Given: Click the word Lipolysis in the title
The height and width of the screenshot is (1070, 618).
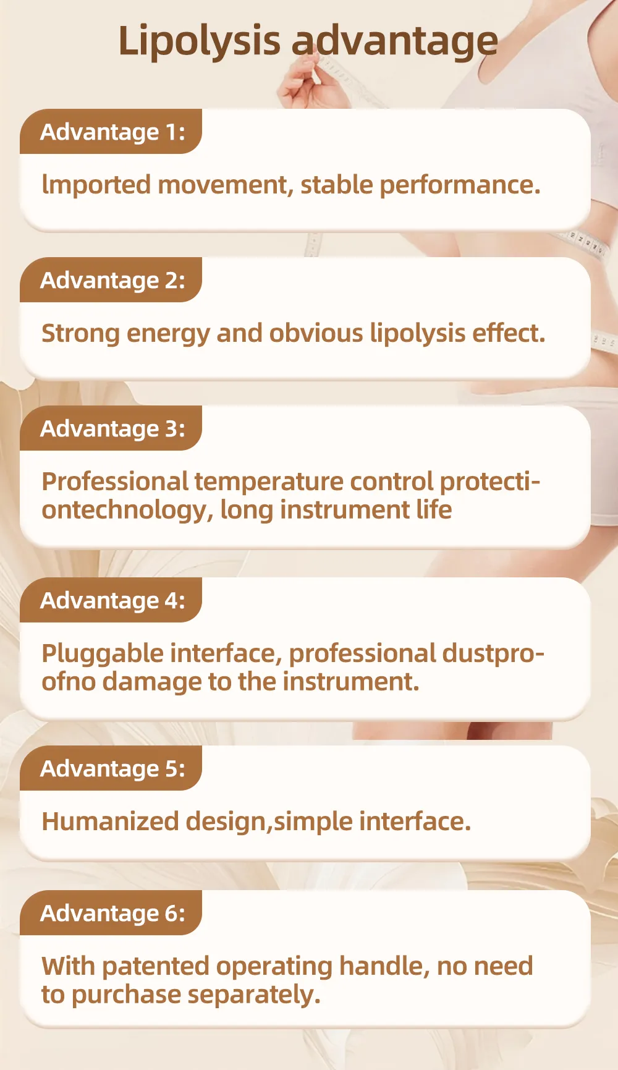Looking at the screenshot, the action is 199,41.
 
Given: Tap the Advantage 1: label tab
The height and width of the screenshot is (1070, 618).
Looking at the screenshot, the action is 111,132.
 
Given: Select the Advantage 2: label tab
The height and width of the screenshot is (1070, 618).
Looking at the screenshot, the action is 111,280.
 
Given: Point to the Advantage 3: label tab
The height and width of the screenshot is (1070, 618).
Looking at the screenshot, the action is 111,428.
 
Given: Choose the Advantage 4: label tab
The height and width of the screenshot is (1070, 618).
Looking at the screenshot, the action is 111,600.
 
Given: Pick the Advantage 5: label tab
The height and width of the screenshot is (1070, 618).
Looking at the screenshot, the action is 111,768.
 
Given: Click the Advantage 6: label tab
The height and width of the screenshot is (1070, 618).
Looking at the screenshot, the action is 111,913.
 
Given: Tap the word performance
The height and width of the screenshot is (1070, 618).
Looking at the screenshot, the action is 460,185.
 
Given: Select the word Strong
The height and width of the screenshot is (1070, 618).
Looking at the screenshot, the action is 80,334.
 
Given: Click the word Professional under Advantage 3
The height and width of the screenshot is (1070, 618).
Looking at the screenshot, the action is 115,482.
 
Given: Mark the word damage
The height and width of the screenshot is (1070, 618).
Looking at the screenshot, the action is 152,682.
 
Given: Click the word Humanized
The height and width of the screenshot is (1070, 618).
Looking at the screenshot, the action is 110,822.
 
